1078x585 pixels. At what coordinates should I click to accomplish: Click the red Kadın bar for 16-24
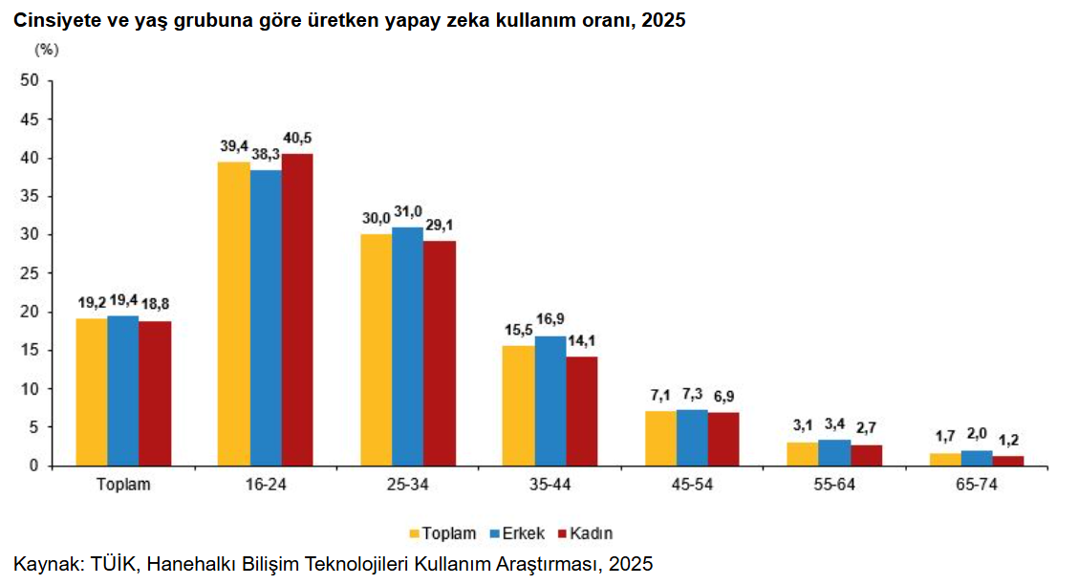(x=296, y=310)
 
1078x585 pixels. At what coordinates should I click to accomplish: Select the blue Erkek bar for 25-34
(x=407, y=346)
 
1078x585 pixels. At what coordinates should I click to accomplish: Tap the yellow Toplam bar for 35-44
(x=519, y=405)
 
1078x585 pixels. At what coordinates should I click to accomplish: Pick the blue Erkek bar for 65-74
(x=977, y=458)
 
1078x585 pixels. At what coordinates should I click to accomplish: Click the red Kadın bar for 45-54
(x=723, y=439)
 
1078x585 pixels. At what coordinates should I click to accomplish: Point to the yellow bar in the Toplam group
(x=92, y=392)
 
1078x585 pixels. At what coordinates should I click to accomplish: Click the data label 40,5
(x=297, y=138)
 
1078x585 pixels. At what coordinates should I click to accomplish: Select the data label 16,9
(x=550, y=319)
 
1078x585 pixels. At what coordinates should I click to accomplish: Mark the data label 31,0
(x=407, y=211)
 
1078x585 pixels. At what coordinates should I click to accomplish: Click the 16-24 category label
(x=265, y=485)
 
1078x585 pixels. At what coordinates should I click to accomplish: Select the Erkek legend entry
(x=522, y=533)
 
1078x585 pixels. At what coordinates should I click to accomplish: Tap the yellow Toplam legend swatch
(x=416, y=533)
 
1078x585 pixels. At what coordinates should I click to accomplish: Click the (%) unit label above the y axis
(x=47, y=49)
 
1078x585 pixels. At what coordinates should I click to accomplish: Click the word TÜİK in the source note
(x=115, y=564)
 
